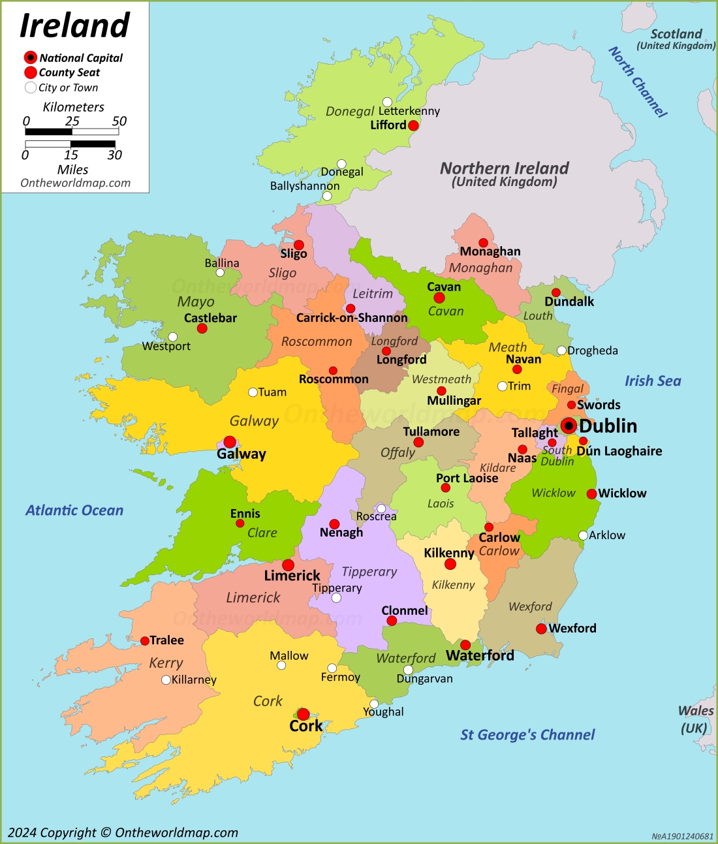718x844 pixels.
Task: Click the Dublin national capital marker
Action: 569,426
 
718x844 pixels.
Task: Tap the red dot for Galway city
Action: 230,442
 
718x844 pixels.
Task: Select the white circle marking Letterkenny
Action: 387,102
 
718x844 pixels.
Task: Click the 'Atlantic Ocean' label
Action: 74,510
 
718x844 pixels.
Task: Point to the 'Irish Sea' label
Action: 652,381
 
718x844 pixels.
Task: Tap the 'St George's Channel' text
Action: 527,735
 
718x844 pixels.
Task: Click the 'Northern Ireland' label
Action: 504,168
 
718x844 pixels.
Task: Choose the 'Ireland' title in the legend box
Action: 74,26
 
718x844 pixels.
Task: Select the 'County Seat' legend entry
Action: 69,72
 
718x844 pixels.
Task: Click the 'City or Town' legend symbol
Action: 31,87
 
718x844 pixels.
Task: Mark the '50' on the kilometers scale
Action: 119,121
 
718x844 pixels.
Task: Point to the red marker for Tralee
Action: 145,641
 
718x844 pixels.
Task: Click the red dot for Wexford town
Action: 541,629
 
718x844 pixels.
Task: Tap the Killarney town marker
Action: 166,680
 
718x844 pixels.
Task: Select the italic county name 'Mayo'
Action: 196,302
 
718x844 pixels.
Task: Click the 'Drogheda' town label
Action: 592,351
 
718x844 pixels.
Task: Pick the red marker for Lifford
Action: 413,125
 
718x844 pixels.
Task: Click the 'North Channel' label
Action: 638,82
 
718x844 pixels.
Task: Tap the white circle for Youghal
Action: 374,704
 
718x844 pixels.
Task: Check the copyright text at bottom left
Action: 123,833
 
